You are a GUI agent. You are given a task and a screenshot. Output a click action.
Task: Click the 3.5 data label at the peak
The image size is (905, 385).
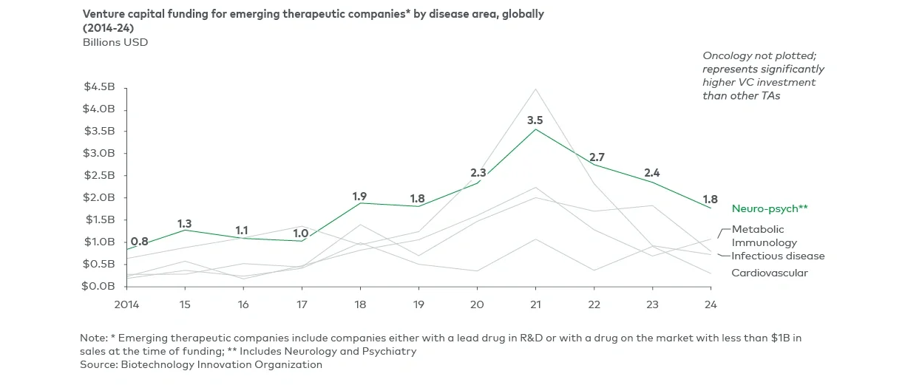[535, 120]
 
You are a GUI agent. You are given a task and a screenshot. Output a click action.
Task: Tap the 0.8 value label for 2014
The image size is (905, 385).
[139, 241]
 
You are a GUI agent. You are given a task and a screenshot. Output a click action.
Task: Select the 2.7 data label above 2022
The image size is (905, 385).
[597, 157]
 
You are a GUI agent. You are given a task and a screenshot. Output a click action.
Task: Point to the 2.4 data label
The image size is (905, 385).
[651, 173]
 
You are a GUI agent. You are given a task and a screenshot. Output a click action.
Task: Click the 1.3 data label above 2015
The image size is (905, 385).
[184, 223]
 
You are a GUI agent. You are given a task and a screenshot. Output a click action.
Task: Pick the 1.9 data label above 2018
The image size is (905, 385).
[359, 196]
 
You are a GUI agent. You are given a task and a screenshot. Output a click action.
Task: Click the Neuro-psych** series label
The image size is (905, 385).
[770, 209]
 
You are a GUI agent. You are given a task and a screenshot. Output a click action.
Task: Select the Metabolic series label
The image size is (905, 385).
[758, 229]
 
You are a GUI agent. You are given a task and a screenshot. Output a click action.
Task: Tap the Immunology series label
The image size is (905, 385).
[765, 242]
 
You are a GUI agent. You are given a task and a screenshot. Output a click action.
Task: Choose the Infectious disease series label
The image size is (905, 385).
[778, 256]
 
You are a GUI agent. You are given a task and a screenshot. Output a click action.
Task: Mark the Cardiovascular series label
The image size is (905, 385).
[770, 273]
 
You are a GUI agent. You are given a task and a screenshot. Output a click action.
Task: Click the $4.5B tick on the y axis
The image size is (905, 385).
[100, 87]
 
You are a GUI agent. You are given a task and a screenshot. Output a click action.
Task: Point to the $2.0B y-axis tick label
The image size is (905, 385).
[100, 197]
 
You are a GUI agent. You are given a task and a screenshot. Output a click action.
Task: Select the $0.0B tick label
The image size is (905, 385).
[100, 286]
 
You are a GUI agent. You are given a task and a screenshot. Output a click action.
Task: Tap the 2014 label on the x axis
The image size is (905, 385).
[127, 304]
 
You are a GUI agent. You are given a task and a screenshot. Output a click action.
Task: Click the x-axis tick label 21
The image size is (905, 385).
[535, 304]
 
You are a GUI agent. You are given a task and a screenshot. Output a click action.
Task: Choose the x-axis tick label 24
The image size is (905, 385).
[711, 304]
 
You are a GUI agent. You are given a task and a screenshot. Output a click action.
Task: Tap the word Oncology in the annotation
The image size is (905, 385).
[724, 56]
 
